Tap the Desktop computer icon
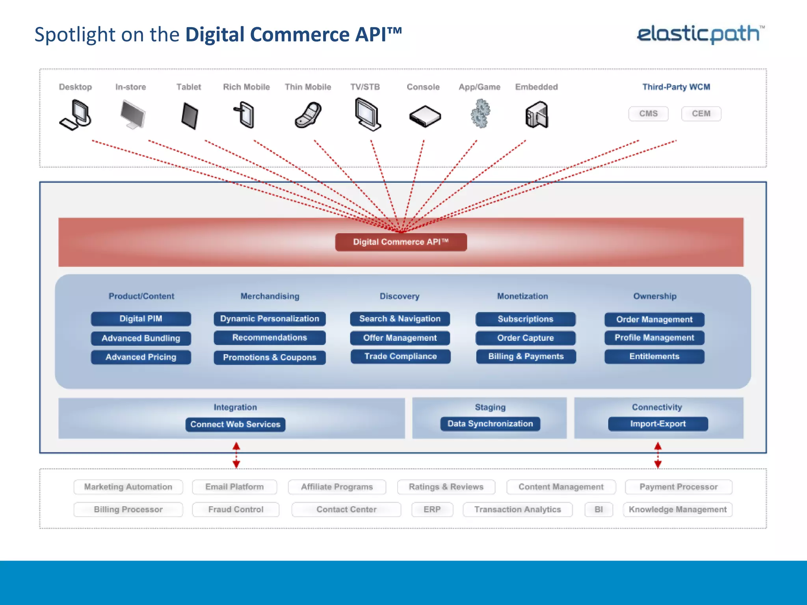(76, 115)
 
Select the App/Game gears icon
(480, 114)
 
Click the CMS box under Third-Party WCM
(648, 114)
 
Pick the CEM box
(701, 114)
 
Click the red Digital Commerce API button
(401, 242)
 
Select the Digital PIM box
(141, 319)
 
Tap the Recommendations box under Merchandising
(270, 338)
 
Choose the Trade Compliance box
(400, 356)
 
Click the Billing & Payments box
(526, 356)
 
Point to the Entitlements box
(654, 356)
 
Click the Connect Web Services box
(235, 425)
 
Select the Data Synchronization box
(490, 424)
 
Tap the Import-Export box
(658, 424)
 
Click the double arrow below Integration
(236, 455)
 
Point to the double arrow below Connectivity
(658, 455)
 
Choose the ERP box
(432, 509)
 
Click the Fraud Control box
(236, 509)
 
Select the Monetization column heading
(522, 296)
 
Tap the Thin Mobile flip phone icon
(308, 115)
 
